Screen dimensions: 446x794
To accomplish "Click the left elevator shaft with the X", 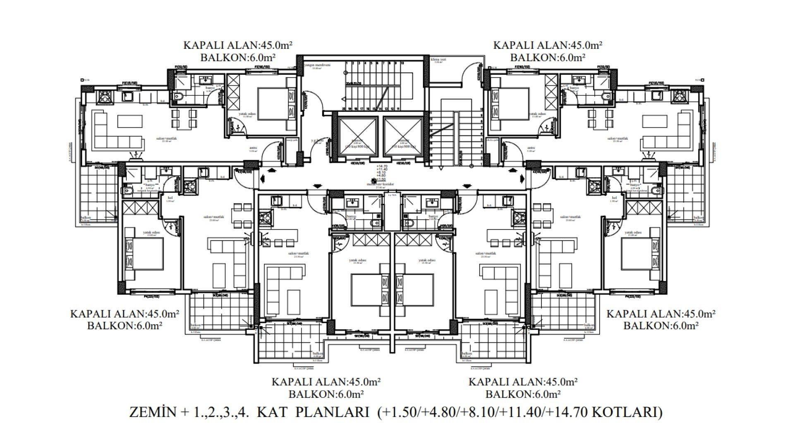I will (x=358, y=136).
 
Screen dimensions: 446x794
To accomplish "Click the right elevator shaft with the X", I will (x=402, y=136).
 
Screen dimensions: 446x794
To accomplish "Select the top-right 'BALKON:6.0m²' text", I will (x=548, y=57).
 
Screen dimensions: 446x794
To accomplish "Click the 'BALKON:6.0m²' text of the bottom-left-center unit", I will (x=326, y=394).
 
